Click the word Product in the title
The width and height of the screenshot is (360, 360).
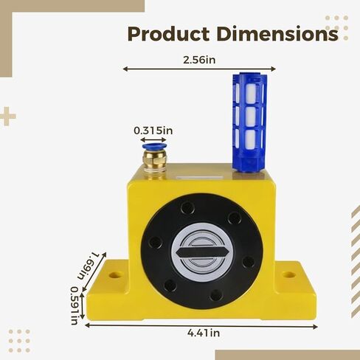pos(169,34)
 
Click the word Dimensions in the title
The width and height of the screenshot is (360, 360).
pos(277,33)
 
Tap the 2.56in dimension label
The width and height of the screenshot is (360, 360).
pos(199,60)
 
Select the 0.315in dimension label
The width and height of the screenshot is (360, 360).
pos(153,131)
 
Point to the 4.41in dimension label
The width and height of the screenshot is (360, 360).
pos(204,333)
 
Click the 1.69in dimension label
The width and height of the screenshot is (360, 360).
pos(89,265)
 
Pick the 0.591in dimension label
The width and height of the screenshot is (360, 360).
pos(75,305)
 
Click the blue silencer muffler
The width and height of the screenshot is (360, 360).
pos(249,122)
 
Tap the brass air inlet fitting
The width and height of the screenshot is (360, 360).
pos(154,161)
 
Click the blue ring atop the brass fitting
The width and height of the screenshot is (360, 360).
pos(154,147)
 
